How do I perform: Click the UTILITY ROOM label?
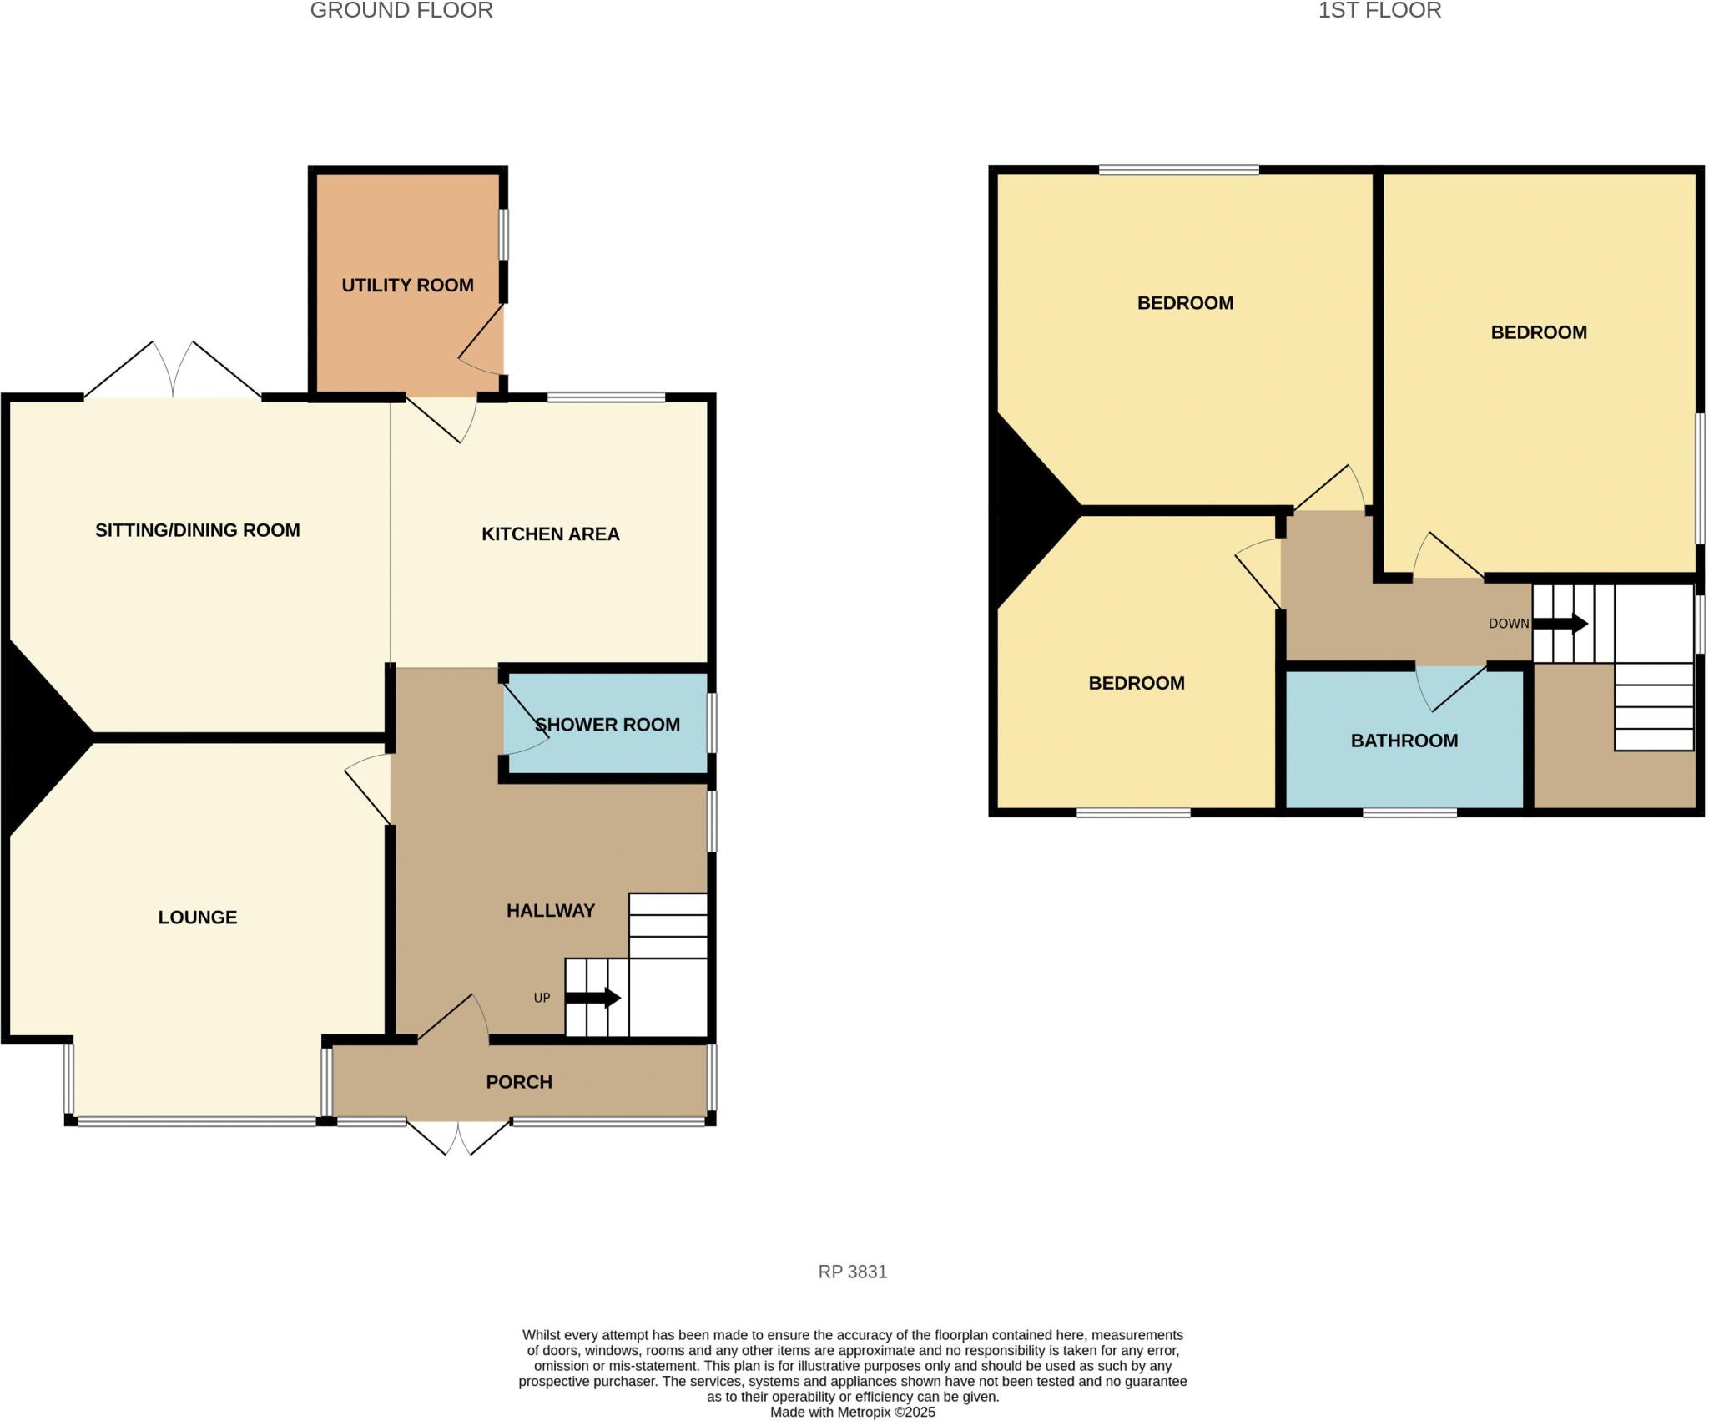coord(407,286)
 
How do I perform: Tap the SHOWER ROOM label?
coord(607,725)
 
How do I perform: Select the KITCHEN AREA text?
coord(550,534)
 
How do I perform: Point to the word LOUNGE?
coord(198,918)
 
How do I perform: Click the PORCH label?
coord(519,1082)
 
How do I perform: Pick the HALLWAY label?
coord(550,911)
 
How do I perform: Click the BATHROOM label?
coord(1404,741)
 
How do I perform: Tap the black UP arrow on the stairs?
coord(593,998)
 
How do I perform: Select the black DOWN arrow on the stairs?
coord(1560,624)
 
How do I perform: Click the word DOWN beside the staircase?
coord(1509,624)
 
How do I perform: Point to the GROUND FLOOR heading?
coord(401,11)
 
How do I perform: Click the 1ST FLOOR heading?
coord(1379,11)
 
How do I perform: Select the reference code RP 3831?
coord(852,1272)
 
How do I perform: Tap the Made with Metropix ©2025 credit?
coord(852,1413)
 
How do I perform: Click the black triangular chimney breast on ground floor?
coord(38,735)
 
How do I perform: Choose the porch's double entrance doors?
coord(458,1137)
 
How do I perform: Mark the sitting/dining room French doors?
coord(174,372)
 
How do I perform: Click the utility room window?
coord(504,235)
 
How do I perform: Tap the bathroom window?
coord(1409,812)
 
